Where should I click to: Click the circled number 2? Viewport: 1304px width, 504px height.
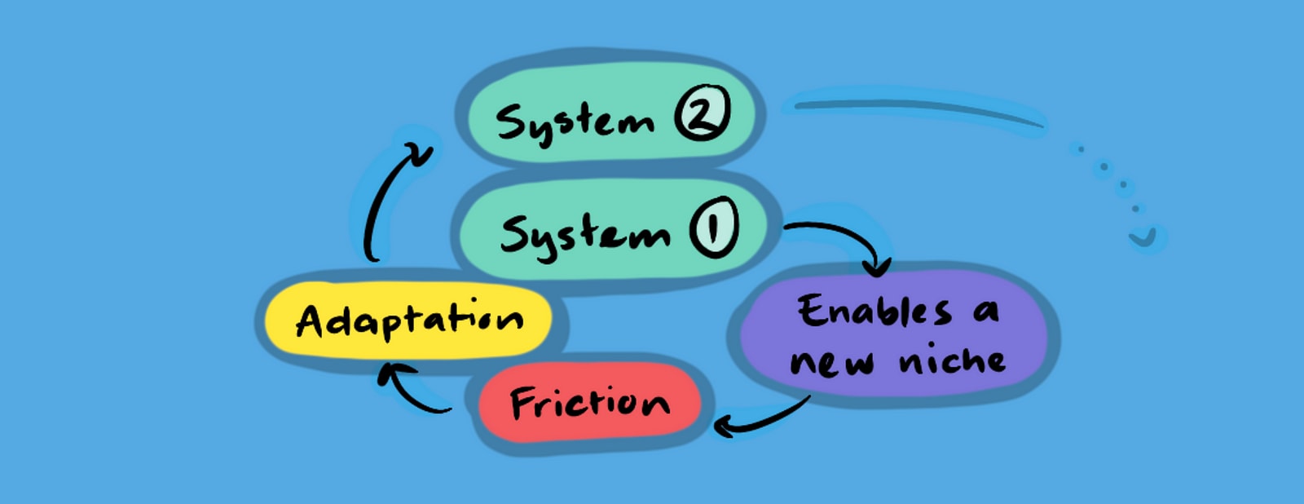click(702, 114)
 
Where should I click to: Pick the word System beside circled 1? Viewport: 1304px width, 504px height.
click(584, 235)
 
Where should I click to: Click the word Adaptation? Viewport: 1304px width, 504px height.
click(409, 319)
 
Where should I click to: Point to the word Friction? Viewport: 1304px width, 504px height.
click(589, 402)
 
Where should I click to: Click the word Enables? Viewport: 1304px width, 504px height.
click(874, 311)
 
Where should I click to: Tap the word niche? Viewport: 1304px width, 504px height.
click(952, 360)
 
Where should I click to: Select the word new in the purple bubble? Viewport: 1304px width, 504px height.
click(831, 362)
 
